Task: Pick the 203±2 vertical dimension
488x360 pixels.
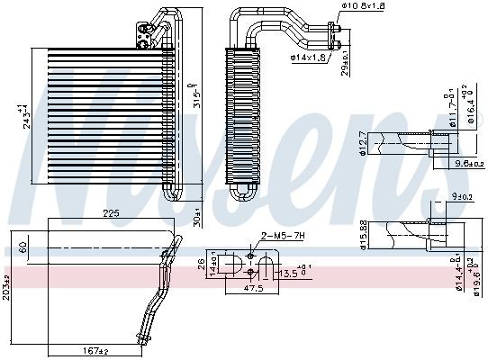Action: (x=6, y=285)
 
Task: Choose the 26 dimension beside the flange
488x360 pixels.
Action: (x=200, y=264)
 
